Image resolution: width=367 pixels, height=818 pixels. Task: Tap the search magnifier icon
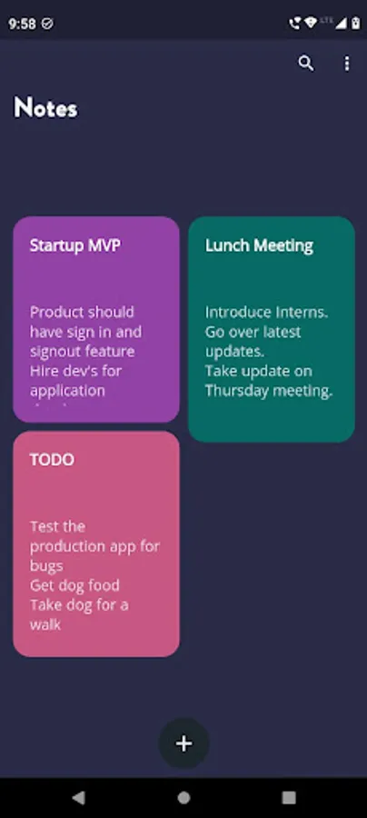tap(306, 64)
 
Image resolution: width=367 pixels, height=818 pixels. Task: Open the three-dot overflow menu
tap(347, 64)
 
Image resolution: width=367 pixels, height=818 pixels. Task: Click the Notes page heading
tap(45, 107)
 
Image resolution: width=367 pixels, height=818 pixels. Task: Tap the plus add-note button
tap(184, 743)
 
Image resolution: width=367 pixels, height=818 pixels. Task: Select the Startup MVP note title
tap(75, 245)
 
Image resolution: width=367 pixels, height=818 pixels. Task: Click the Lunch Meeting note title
tap(259, 245)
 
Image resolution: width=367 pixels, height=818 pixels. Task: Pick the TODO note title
tap(52, 460)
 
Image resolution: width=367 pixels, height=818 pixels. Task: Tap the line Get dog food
tap(74, 586)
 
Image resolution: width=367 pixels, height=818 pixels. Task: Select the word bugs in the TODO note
tap(46, 566)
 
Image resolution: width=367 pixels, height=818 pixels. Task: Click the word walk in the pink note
tap(45, 624)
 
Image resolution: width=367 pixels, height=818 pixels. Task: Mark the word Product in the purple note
tap(57, 312)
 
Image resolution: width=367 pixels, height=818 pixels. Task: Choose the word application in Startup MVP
tap(67, 391)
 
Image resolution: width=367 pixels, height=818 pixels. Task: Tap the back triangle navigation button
tap(78, 797)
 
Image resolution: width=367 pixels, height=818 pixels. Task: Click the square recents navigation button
tap(289, 797)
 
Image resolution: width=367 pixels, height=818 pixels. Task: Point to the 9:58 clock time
tap(22, 24)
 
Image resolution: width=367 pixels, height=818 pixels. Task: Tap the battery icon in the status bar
tap(355, 23)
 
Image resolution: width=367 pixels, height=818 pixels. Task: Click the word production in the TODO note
tap(66, 547)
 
